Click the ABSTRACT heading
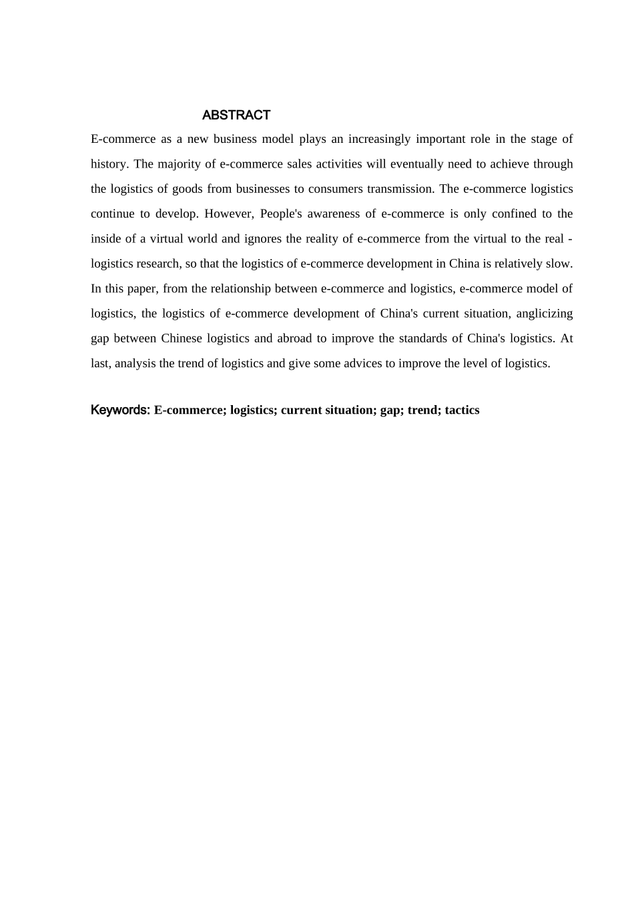click(x=236, y=115)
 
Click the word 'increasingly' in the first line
click(x=379, y=139)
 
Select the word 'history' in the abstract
click(x=107, y=164)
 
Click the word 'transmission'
click(x=400, y=189)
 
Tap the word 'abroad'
click(x=294, y=338)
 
